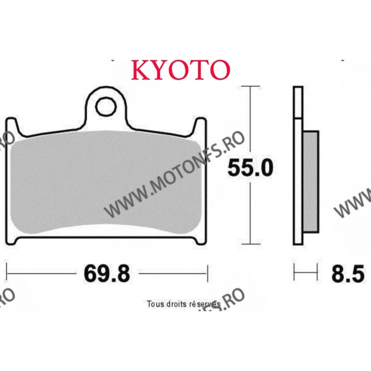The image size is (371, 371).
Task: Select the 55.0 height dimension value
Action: pyautogui.click(x=250, y=167)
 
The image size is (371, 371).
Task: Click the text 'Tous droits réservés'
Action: pyautogui.click(x=183, y=304)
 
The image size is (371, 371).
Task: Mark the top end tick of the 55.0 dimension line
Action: pyautogui.click(x=250, y=87)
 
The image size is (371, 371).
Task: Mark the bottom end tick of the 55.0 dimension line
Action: pyautogui.click(x=250, y=244)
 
